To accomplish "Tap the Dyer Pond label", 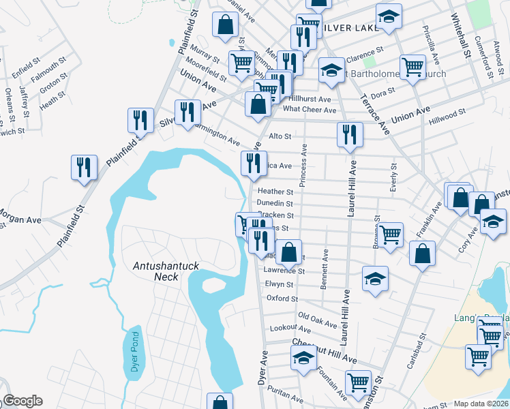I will tap(134, 352).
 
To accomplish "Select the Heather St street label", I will tap(275, 192).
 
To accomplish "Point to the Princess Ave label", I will tap(305, 164).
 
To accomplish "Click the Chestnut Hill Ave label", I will tap(325, 350).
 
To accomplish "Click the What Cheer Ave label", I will tap(310, 109).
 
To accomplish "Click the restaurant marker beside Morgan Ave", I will tap(84, 168).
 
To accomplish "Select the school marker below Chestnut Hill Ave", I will tap(304, 358).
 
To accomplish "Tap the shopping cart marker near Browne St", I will tap(390, 234).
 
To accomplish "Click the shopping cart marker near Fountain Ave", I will tap(358, 383).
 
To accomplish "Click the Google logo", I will tap(22, 402).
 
